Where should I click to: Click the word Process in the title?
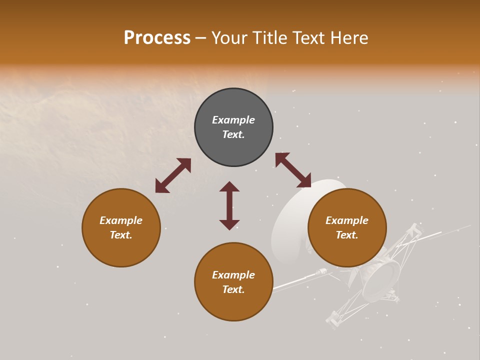tap(157, 38)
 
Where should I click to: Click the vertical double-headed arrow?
tap(229, 205)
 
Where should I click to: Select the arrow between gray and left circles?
tap(173, 175)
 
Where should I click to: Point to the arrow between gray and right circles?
tap(293, 170)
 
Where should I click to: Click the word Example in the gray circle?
tap(233, 120)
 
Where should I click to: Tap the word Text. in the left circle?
tap(121, 235)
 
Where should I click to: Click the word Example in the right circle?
tap(347, 220)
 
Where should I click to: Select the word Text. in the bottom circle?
tap(233, 289)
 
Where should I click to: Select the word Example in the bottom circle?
tap(233, 275)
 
